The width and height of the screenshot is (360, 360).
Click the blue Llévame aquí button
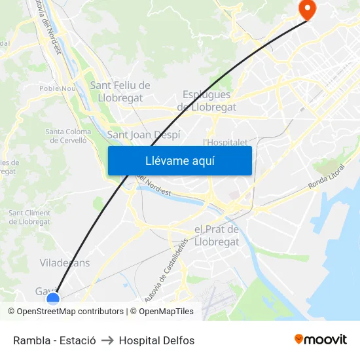(x=179, y=160)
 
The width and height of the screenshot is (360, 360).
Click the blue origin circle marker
(x=53, y=298)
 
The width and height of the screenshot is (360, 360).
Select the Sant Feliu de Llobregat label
(x=120, y=91)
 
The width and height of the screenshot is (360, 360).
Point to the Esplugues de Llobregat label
(x=206, y=101)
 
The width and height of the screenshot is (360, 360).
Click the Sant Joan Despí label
(x=143, y=135)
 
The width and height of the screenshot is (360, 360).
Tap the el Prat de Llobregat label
(x=217, y=235)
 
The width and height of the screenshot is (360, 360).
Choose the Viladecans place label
(x=65, y=263)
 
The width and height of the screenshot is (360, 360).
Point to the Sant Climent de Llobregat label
(x=29, y=217)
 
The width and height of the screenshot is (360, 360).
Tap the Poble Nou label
(x=57, y=88)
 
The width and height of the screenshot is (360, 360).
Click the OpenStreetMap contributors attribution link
(x=69, y=312)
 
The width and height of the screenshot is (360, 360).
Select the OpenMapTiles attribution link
(x=166, y=312)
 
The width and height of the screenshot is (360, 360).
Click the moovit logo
(x=320, y=340)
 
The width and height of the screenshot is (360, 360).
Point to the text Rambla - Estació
(x=54, y=340)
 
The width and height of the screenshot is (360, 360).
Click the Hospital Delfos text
(x=156, y=340)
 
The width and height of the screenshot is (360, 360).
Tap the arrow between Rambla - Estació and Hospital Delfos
(x=107, y=340)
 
